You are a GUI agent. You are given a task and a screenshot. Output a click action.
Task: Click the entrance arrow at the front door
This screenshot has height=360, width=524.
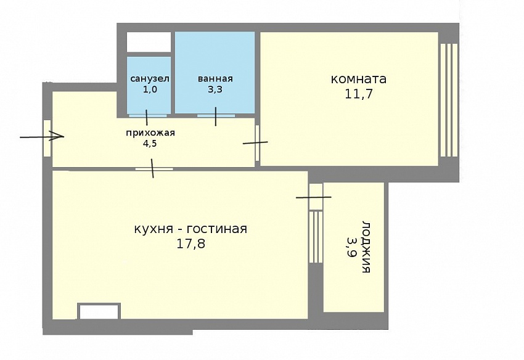click(x=42, y=136)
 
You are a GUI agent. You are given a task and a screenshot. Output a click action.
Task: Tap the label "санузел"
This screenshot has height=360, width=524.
click(x=150, y=79)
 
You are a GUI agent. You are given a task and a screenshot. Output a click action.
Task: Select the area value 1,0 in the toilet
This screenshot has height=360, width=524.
click(x=150, y=89)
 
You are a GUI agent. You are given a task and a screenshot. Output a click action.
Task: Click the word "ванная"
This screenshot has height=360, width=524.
click(x=215, y=79)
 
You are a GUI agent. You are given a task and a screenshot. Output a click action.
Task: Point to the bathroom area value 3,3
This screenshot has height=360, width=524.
click(x=215, y=89)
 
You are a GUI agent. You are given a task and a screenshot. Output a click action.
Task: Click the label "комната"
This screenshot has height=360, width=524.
click(x=359, y=80)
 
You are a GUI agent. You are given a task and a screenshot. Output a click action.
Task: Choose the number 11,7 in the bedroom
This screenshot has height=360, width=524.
click(x=359, y=94)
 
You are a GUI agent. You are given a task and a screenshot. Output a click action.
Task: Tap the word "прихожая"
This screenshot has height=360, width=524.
click(x=150, y=133)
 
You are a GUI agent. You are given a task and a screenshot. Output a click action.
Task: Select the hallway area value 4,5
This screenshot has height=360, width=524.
click(x=149, y=144)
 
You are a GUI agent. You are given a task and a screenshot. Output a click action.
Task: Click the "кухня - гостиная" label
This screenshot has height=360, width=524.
click(x=190, y=229)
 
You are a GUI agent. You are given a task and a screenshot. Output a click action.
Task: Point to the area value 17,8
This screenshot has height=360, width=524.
click(x=191, y=244)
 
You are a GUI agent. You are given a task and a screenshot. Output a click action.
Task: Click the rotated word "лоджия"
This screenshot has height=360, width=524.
click(x=366, y=247)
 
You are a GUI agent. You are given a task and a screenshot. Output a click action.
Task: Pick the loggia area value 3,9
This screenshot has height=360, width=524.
click(x=351, y=247)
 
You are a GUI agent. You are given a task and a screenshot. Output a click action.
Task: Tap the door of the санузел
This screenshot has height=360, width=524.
click(x=147, y=116)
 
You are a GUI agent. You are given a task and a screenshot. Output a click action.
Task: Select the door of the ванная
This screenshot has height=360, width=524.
click(x=216, y=116)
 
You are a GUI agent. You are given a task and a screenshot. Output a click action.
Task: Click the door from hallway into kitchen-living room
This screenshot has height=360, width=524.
click(x=154, y=169)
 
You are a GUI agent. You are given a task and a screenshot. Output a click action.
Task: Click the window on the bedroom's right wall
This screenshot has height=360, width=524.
click(x=449, y=100)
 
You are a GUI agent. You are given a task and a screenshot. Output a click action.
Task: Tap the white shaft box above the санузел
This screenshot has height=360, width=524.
click(x=149, y=42)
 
